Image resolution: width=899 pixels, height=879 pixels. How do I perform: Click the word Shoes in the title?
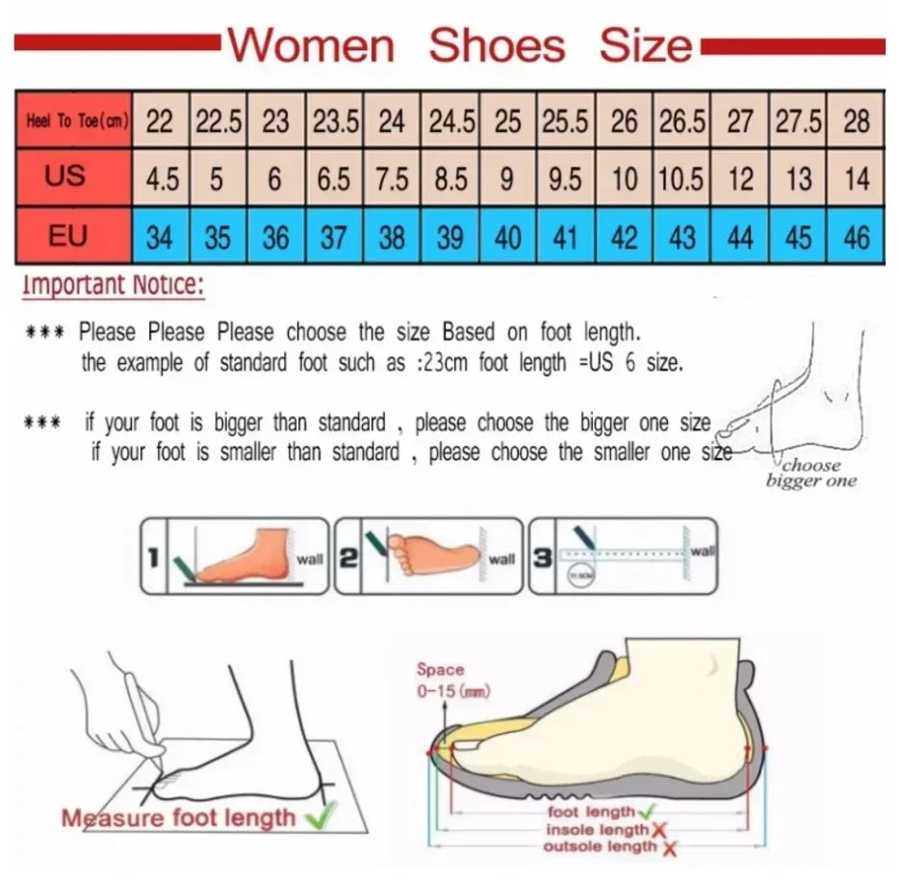tap(497, 45)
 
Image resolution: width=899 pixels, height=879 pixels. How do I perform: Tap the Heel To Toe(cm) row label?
tap(72, 122)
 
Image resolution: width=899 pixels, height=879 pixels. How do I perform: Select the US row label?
tap(65, 176)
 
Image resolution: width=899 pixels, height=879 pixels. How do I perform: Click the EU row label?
tap(67, 235)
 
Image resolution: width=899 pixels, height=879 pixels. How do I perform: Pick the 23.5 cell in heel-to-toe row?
tap(334, 122)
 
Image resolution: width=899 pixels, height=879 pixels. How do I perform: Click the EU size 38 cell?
tap(392, 237)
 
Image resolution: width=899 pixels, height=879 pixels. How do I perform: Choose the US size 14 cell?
tap(856, 179)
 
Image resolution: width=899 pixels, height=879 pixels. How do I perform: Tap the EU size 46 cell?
tap(856, 237)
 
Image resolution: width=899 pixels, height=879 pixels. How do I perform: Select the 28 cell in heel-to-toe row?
tap(856, 122)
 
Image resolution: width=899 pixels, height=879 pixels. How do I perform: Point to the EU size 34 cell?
tap(160, 237)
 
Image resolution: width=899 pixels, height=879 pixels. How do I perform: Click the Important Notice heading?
tap(114, 285)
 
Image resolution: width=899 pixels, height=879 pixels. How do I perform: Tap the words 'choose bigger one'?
tap(810, 473)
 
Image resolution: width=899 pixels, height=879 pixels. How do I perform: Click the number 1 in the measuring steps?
tap(154, 556)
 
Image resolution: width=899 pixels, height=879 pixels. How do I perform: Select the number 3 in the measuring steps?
tap(543, 556)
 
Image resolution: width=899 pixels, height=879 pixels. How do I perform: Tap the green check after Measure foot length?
tap(315, 818)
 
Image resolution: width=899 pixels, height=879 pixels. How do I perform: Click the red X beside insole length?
tap(660, 830)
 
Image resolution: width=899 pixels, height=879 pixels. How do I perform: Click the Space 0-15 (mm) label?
tap(441, 679)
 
